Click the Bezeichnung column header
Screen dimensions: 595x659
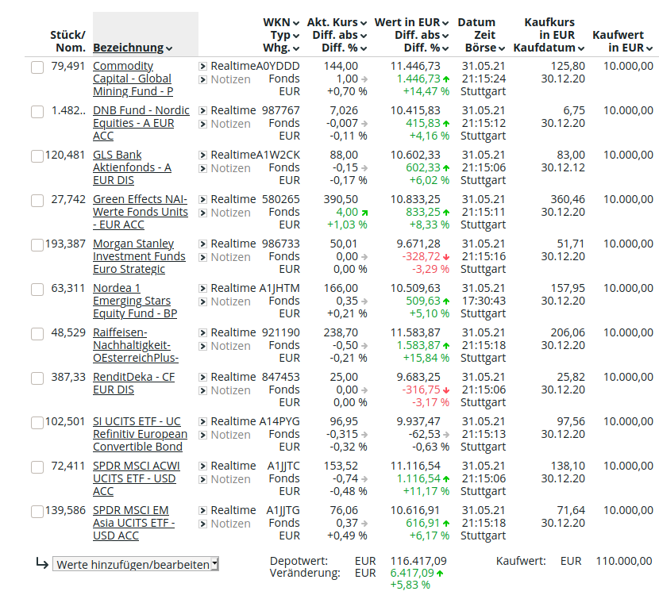[133, 48]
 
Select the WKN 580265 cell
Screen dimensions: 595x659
[281, 199]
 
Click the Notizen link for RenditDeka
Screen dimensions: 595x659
[230, 390]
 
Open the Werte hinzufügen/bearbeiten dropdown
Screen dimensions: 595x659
[136, 565]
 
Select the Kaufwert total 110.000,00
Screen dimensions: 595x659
[623, 561]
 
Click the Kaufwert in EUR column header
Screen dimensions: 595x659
[622, 41]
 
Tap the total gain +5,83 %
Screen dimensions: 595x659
[410, 585]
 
